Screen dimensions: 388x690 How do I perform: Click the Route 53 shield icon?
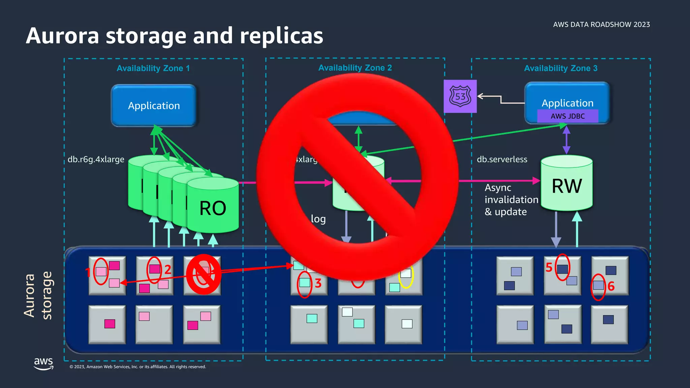click(460, 96)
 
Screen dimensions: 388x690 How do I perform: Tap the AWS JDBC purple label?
click(568, 116)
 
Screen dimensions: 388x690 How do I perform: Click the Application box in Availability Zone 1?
click(154, 106)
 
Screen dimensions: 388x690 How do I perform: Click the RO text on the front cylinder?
click(213, 208)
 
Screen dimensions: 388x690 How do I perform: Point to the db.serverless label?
click(502, 159)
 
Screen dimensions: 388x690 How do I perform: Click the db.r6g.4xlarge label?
click(96, 159)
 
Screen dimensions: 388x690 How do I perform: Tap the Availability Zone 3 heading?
click(561, 68)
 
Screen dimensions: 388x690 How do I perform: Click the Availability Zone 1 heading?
click(153, 68)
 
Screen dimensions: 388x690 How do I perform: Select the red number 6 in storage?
click(611, 287)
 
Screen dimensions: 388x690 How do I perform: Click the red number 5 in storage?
click(549, 268)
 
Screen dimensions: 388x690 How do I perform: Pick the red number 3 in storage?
click(318, 284)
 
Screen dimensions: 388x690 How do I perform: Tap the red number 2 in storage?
click(168, 269)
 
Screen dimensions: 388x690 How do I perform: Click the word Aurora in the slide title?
click(62, 36)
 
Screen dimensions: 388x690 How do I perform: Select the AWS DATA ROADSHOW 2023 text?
click(601, 25)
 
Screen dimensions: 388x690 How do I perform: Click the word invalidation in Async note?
click(511, 200)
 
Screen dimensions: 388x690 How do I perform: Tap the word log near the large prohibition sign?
click(318, 219)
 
